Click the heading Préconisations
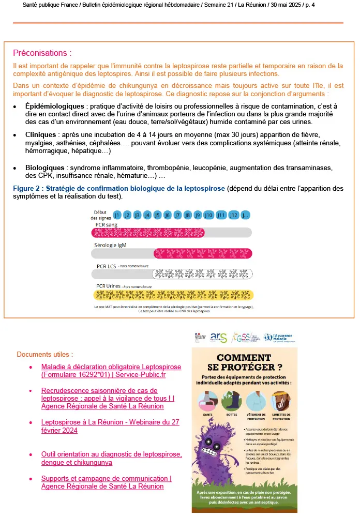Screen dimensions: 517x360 coord(42,53)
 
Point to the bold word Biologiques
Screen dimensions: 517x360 coord(46,168)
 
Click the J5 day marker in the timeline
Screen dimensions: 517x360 coord(157,215)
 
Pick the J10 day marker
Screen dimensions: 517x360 coord(208,215)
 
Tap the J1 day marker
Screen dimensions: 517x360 coord(117,215)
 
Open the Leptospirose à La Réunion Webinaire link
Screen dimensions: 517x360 coord(111,426)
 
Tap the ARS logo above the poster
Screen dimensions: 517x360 coord(218,337)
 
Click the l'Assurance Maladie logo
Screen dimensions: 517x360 coord(280,337)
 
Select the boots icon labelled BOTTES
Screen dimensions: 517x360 coord(231,401)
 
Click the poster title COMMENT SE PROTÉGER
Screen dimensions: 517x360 coord(244,363)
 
